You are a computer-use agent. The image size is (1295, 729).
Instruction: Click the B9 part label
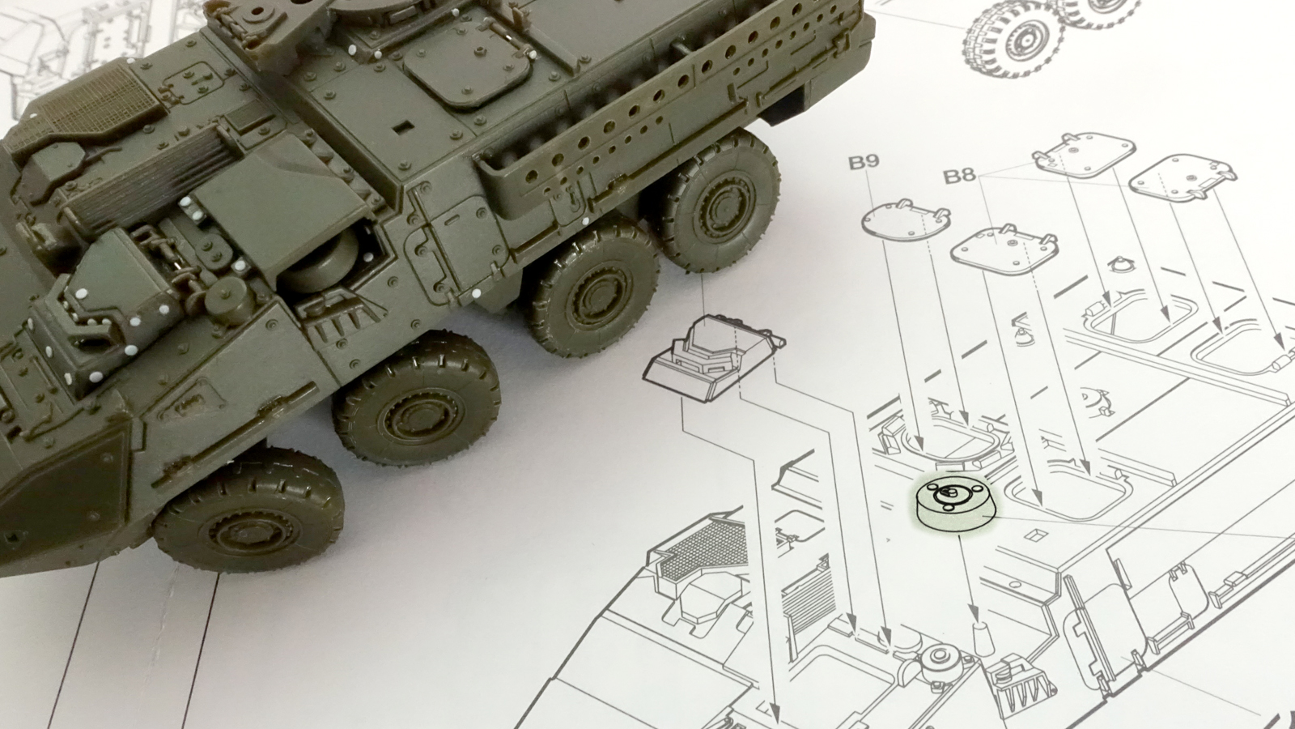coord(863,162)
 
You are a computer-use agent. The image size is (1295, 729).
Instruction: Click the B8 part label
coord(959,176)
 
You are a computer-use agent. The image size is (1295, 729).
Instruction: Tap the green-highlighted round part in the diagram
coord(955,503)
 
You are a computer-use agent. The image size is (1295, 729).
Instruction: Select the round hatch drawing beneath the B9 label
coord(906,220)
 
